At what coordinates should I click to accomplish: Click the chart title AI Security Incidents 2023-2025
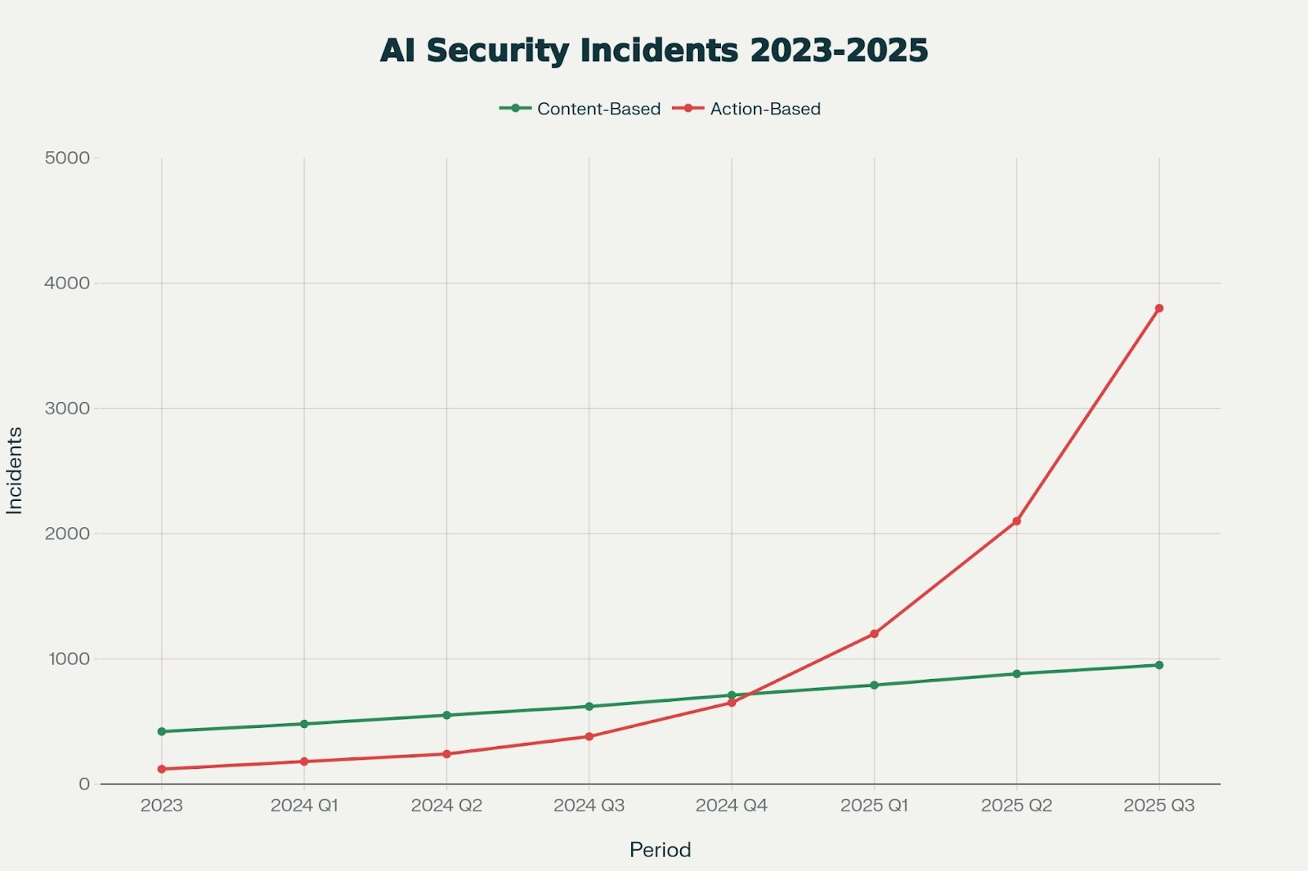click(654, 51)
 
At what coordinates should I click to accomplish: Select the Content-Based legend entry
click(580, 109)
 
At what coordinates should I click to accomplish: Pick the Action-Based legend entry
click(747, 109)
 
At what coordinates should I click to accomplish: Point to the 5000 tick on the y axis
click(67, 158)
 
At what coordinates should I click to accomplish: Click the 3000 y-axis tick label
click(67, 408)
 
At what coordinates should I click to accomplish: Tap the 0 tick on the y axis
click(84, 784)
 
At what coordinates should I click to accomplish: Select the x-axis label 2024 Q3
click(589, 806)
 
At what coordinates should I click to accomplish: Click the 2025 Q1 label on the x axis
click(874, 806)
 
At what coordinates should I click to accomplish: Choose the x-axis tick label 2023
click(162, 806)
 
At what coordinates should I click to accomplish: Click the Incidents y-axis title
click(14, 471)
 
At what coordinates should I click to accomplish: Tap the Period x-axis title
click(660, 850)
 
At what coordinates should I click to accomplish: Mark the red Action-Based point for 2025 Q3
click(1159, 308)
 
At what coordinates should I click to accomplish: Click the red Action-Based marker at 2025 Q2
click(1017, 520)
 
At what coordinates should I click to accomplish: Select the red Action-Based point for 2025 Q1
click(874, 633)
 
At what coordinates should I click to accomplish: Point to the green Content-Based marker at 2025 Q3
click(1159, 665)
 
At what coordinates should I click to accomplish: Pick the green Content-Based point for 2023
click(162, 731)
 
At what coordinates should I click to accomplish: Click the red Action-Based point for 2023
click(162, 769)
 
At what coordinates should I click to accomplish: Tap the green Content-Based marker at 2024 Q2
click(446, 715)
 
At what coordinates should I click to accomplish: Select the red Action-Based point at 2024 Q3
click(589, 736)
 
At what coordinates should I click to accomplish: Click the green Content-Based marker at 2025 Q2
click(1017, 674)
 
